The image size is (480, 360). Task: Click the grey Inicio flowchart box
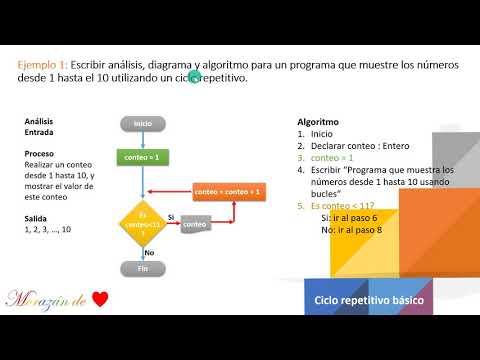(143, 124)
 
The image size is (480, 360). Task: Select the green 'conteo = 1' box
(142, 158)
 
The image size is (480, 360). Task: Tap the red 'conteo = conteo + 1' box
(227, 191)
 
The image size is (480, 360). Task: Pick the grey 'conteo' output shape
(196, 226)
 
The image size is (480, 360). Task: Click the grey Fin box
(143, 268)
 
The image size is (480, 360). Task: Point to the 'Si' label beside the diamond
(171, 217)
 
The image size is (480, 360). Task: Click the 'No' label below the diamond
(162, 253)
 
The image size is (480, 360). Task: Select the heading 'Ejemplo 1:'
(43, 64)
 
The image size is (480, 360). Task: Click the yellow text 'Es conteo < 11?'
(346, 205)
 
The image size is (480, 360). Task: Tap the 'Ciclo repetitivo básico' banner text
(369, 300)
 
